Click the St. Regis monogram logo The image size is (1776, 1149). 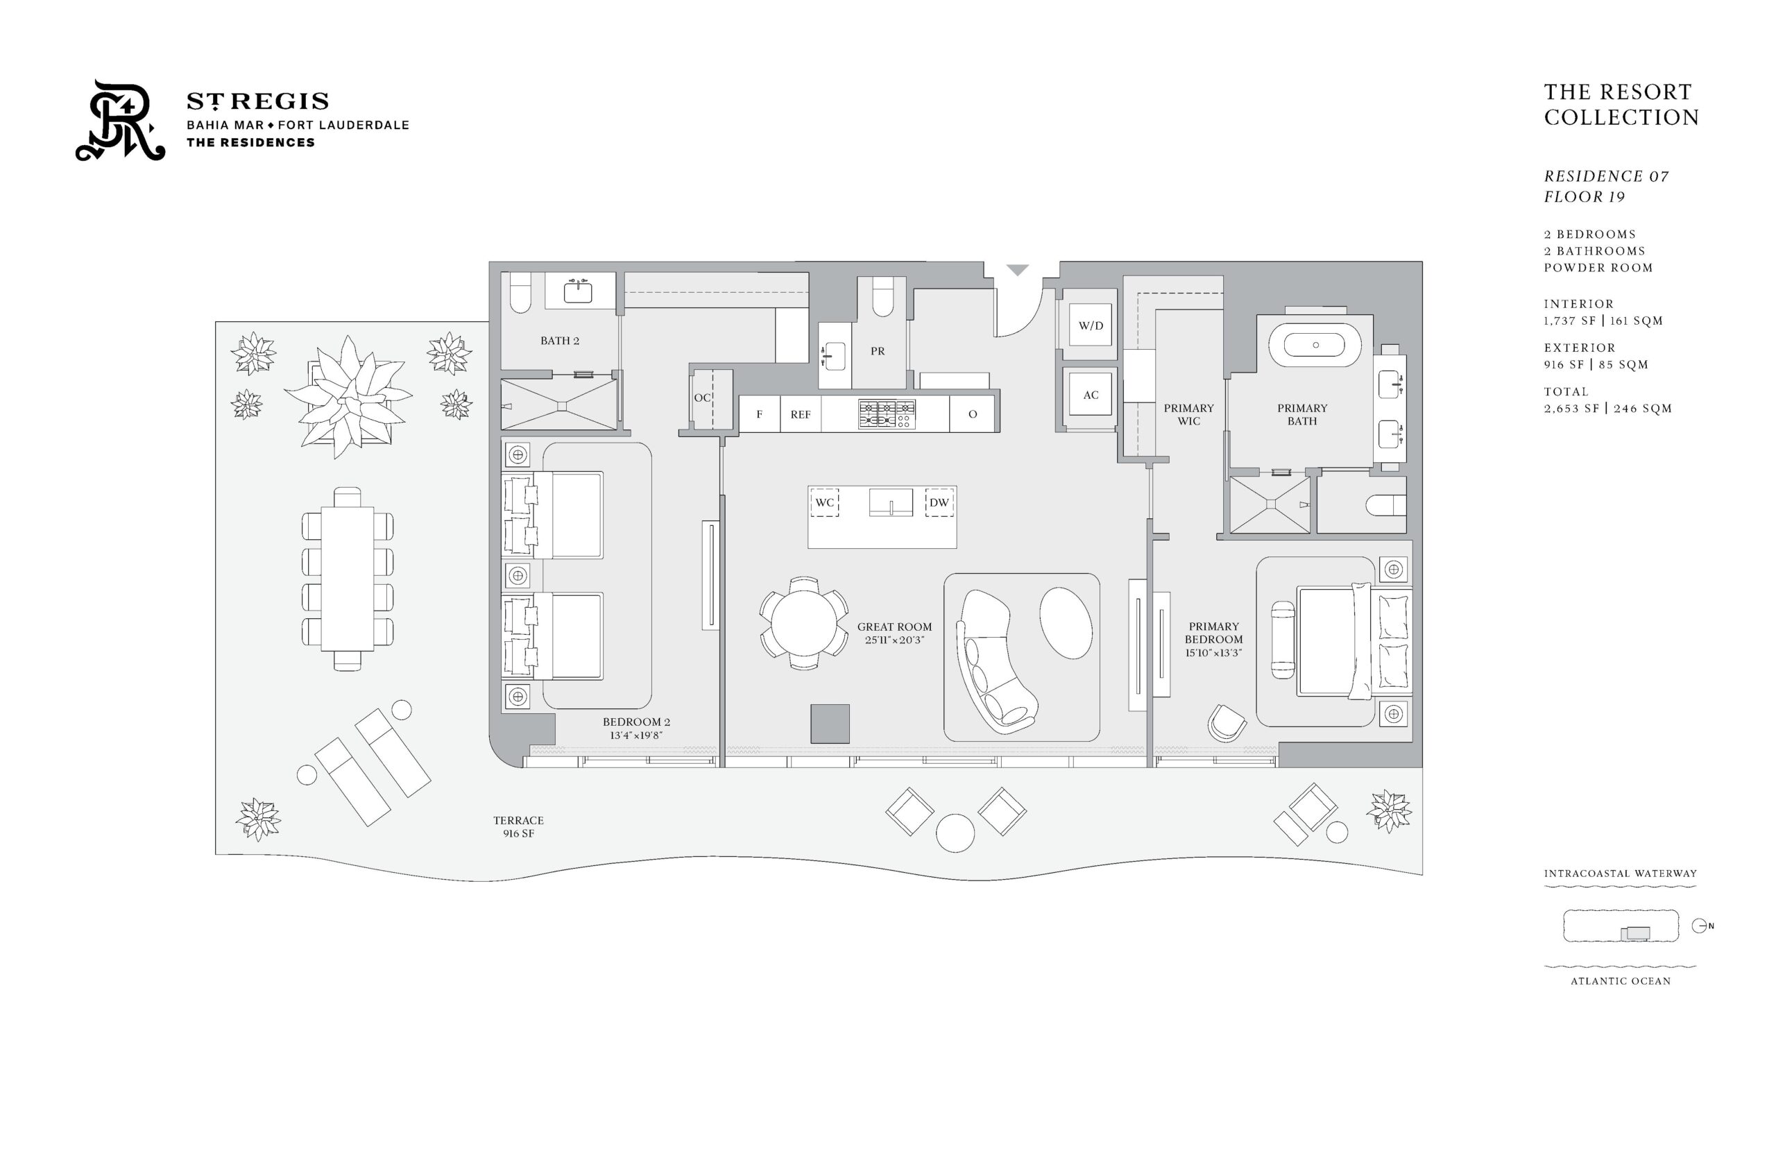pos(120,120)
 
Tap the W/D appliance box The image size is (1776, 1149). pos(1090,325)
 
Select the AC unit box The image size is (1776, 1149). pos(1090,395)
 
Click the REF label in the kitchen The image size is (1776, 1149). pos(800,415)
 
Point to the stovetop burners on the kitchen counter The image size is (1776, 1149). pos(886,414)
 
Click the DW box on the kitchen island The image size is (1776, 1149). pos(939,502)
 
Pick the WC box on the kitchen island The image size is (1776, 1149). pos(824,502)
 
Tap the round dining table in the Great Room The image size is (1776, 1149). pos(804,622)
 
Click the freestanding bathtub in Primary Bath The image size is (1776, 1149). pos(1315,345)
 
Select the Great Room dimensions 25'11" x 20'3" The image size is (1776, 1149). pos(894,640)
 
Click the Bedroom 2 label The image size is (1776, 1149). pos(636,722)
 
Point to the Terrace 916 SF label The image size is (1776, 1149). pos(518,826)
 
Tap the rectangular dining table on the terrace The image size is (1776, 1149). pos(347,579)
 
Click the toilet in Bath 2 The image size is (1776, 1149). pos(520,293)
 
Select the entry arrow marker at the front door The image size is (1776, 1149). pos(1018,270)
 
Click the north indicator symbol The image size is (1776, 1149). pos(1700,926)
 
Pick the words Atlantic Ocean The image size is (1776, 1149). pos(1620,981)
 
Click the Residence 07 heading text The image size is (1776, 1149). pos(1606,176)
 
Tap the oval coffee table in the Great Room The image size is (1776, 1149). pos(1065,622)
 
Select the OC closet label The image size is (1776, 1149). pos(702,398)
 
